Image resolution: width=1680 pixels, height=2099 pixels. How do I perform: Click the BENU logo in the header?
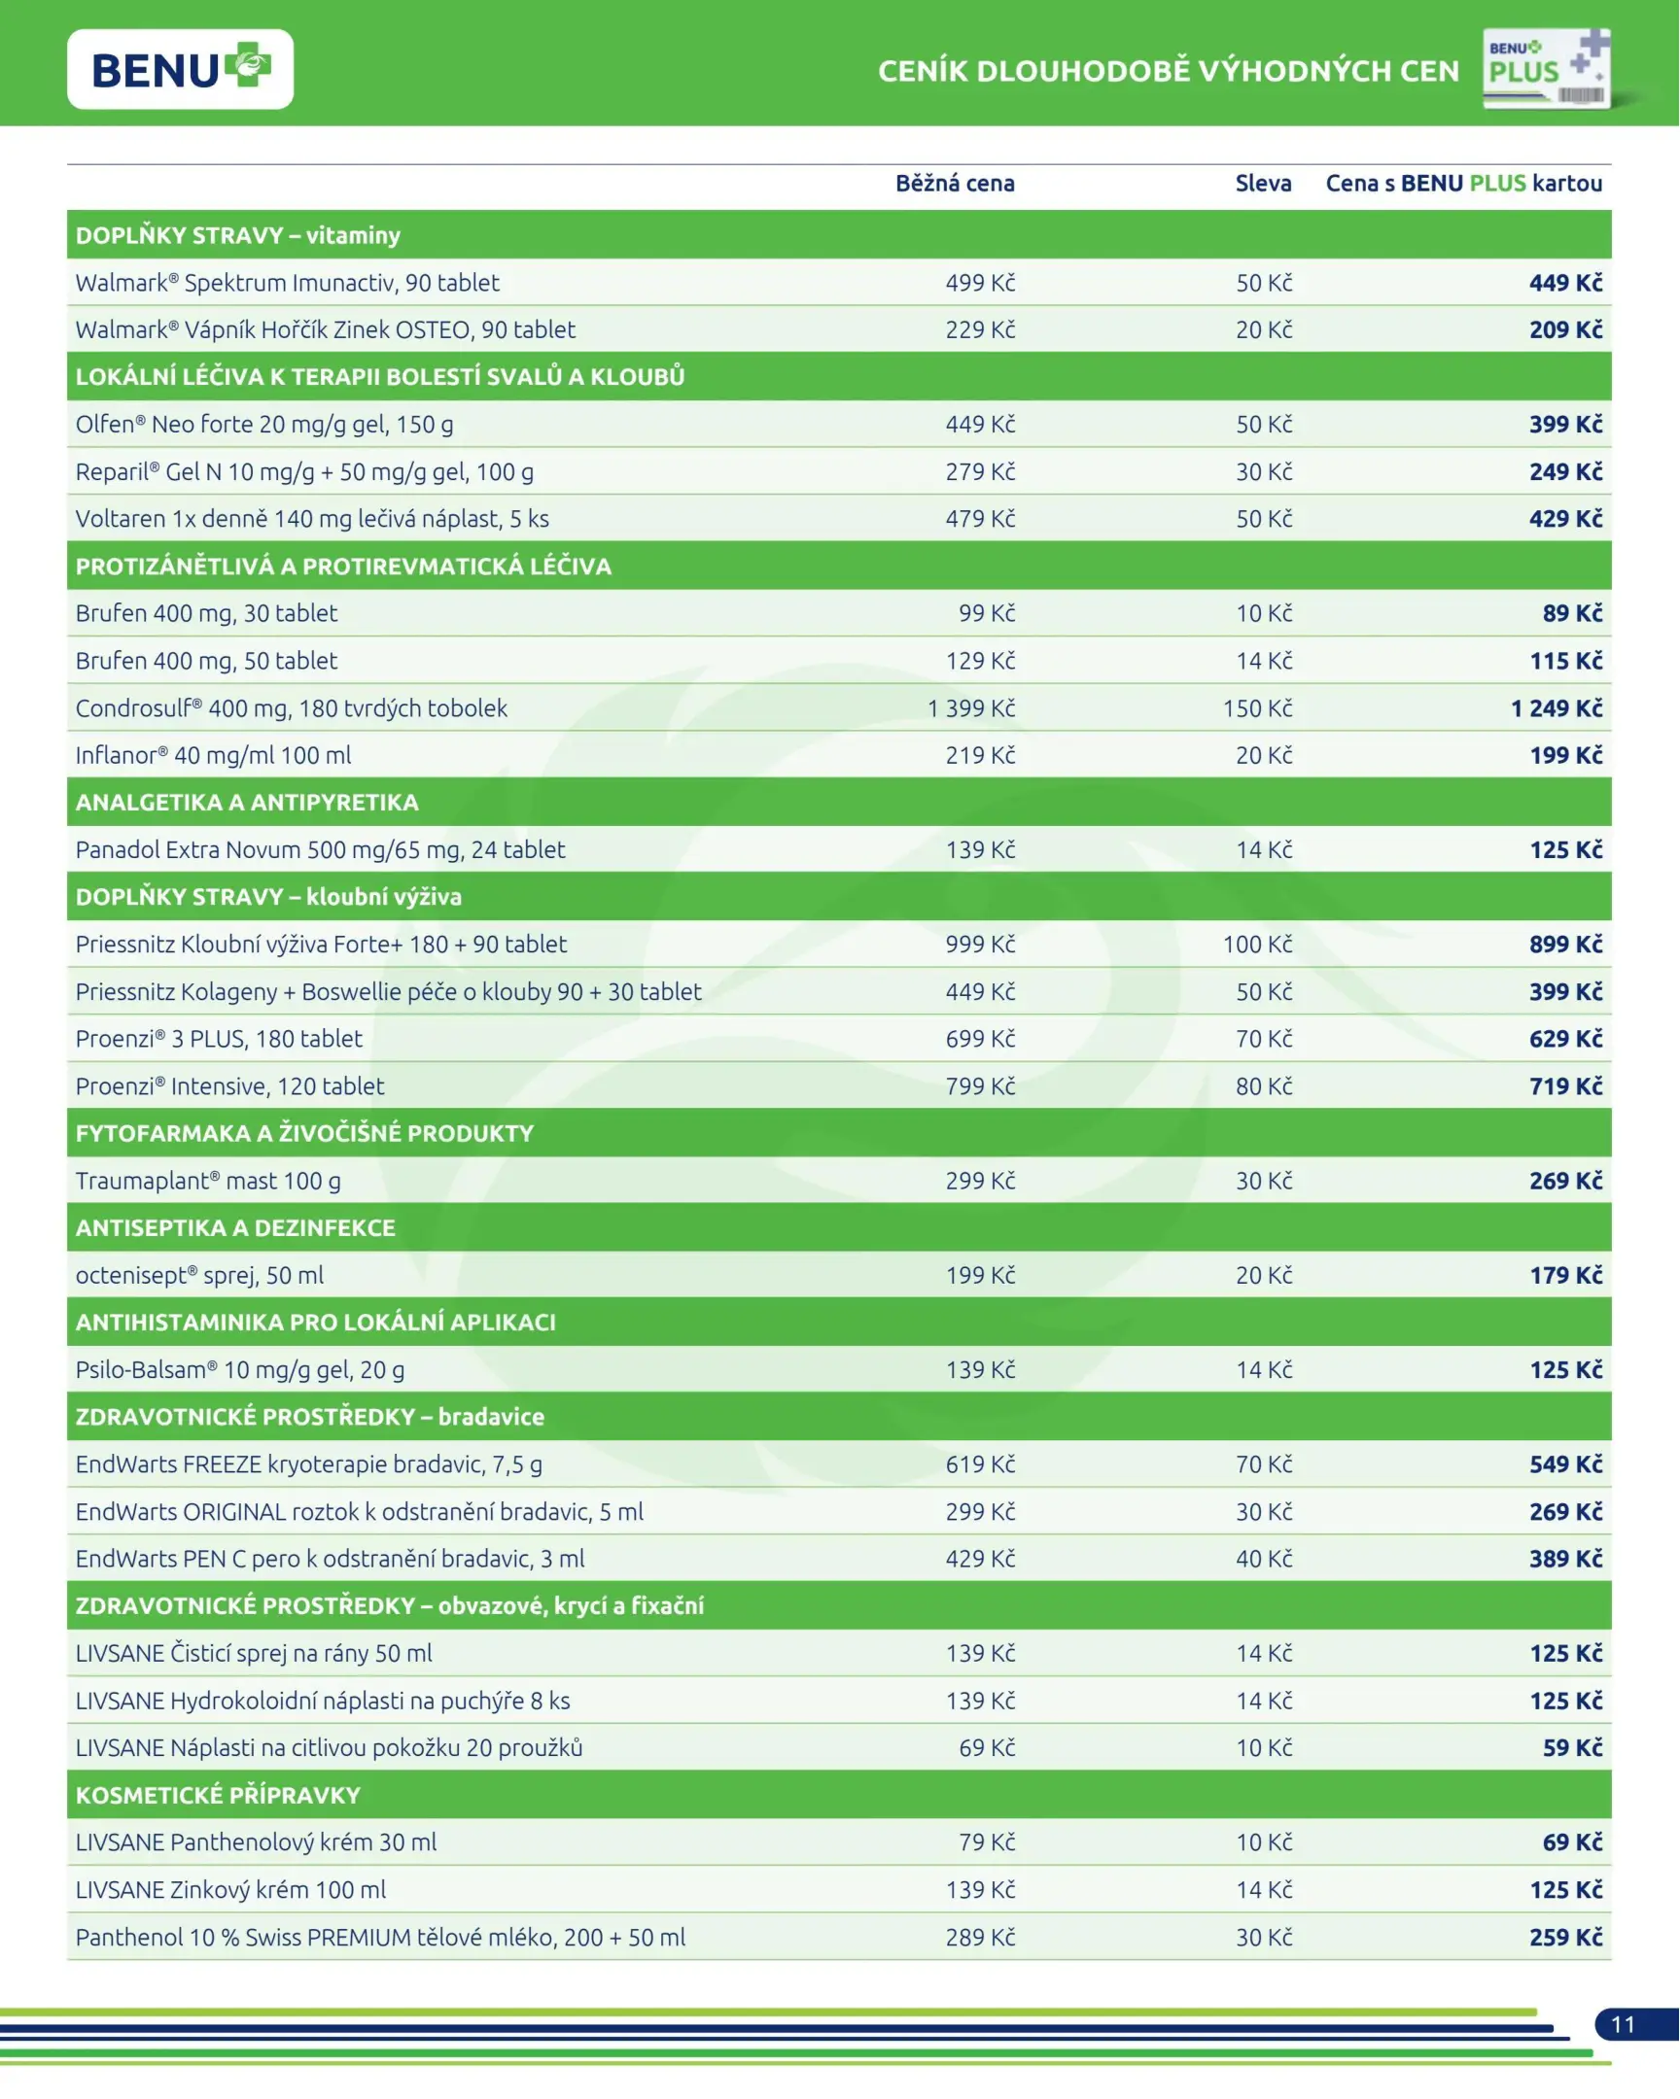180,69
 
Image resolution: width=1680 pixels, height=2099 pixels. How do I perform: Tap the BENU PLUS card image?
1547,68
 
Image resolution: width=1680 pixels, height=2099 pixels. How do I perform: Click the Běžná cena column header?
955,183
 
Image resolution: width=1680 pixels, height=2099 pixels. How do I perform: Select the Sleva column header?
1263,183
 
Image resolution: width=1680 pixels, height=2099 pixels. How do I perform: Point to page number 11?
1623,2024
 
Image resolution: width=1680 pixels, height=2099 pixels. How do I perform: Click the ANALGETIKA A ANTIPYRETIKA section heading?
247,803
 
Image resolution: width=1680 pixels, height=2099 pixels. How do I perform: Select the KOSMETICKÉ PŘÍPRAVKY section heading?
218,1794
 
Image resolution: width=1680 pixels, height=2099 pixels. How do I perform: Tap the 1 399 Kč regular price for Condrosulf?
970,707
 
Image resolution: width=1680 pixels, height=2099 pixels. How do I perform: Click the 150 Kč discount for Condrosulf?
1257,707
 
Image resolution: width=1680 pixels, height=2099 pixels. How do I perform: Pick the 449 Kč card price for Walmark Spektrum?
1565,283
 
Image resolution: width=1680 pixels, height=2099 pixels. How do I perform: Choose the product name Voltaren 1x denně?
312,519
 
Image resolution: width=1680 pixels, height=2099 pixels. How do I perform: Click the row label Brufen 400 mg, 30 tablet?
206,613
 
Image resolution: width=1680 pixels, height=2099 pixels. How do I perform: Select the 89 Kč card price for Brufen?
1572,613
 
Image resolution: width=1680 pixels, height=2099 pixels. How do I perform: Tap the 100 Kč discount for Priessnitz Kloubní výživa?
1257,945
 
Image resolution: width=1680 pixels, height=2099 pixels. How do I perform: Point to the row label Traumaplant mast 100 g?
208,1181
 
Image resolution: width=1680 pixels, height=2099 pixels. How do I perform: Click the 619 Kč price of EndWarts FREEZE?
980,1464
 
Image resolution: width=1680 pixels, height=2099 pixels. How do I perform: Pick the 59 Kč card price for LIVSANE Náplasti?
1572,1747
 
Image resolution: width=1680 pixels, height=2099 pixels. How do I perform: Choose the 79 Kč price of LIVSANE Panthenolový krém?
987,1842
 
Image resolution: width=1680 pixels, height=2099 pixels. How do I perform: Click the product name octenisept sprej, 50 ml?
199,1275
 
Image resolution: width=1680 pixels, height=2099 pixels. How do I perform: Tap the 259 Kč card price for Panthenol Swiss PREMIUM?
1565,1937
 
